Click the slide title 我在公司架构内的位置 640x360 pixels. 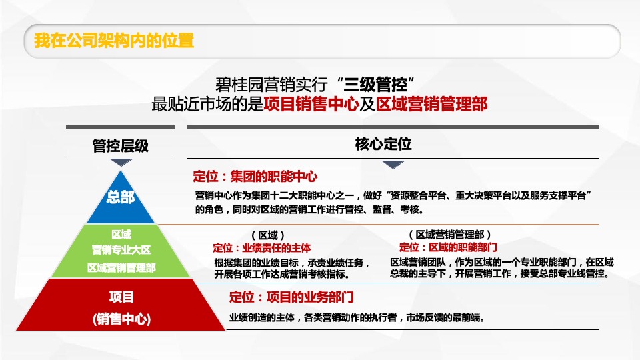pyautogui.click(x=114, y=41)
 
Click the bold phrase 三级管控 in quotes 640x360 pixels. pyautogui.click(x=375, y=85)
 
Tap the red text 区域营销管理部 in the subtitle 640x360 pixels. pyautogui.click(x=431, y=104)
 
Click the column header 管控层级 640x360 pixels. pyautogui.click(x=120, y=145)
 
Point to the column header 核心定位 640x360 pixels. pyautogui.click(x=383, y=143)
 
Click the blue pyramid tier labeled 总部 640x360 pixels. pyautogui.click(x=121, y=197)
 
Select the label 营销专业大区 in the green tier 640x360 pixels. pyautogui.click(x=121, y=250)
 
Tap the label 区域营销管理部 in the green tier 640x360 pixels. pyautogui.click(x=121, y=267)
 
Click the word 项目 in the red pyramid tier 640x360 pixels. pyautogui.click(x=121, y=297)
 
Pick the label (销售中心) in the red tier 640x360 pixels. pyautogui.click(x=121, y=319)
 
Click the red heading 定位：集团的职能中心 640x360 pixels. pyautogui.click(x=255, y=177)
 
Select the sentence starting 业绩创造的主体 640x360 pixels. pyautogui.click(x=356, y=318)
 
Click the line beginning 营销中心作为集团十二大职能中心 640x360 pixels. pyautogui.click(x=394, y=195)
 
